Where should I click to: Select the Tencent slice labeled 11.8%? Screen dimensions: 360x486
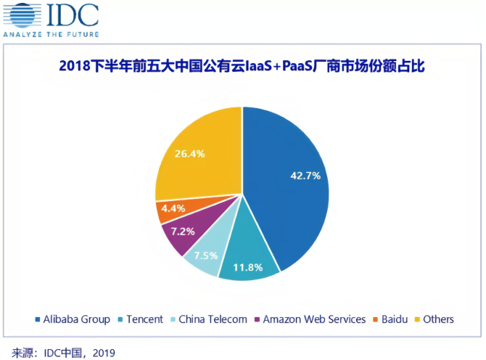pyautogui.click(x=251, y=258)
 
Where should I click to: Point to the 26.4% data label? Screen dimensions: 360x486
pyautogui.click(x=190, y=154)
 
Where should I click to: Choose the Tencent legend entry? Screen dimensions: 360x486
pyautogui.click(x=145, y=319)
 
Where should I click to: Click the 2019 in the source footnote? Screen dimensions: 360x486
pyautogui.click(x=104, y=351)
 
